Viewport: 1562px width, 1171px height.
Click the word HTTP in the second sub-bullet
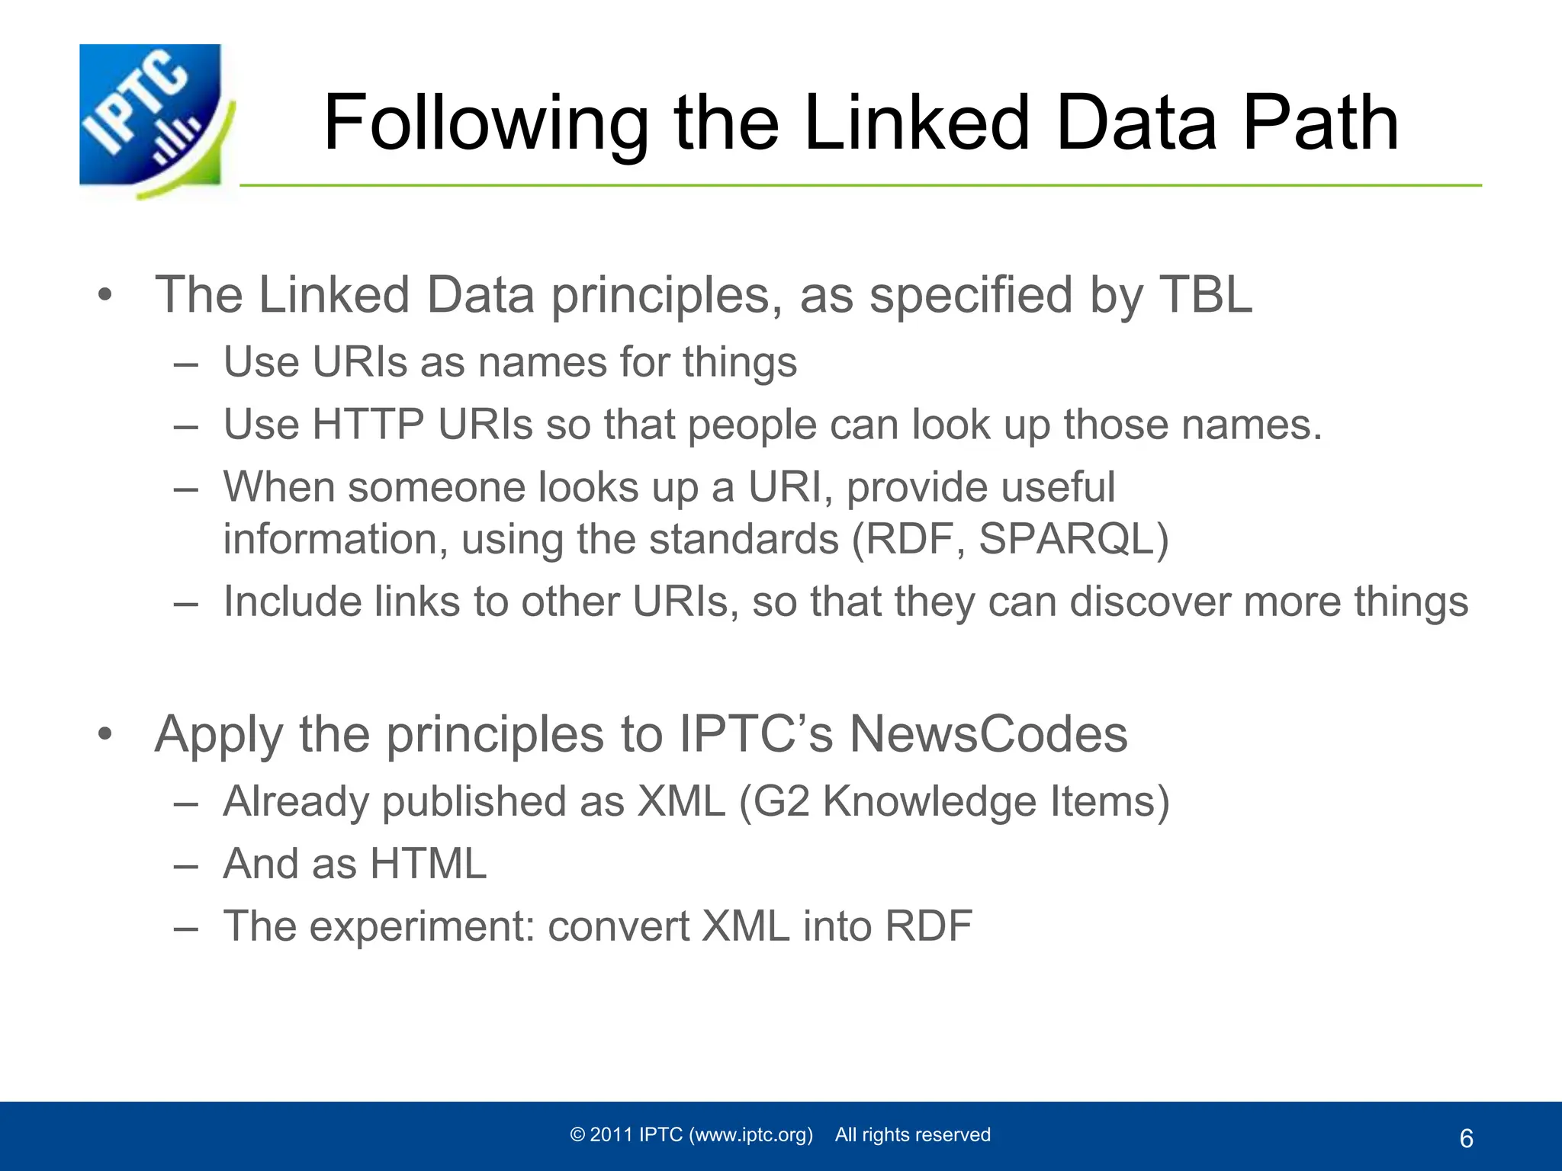tap(368, 425)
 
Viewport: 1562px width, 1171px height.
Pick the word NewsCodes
tap(988, 734)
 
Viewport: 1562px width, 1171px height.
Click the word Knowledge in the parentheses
tap(928, 801)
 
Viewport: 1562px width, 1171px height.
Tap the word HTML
tap(428, 864)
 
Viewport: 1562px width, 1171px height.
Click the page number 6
tap(1466, 1139)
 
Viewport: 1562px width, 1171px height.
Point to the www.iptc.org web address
tap(751, 1135)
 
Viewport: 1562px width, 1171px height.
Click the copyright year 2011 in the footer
tap(612, 1135)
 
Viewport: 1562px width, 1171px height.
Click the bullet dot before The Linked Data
tap(105, 296)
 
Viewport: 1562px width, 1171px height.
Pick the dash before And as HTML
tap(186, 865)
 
